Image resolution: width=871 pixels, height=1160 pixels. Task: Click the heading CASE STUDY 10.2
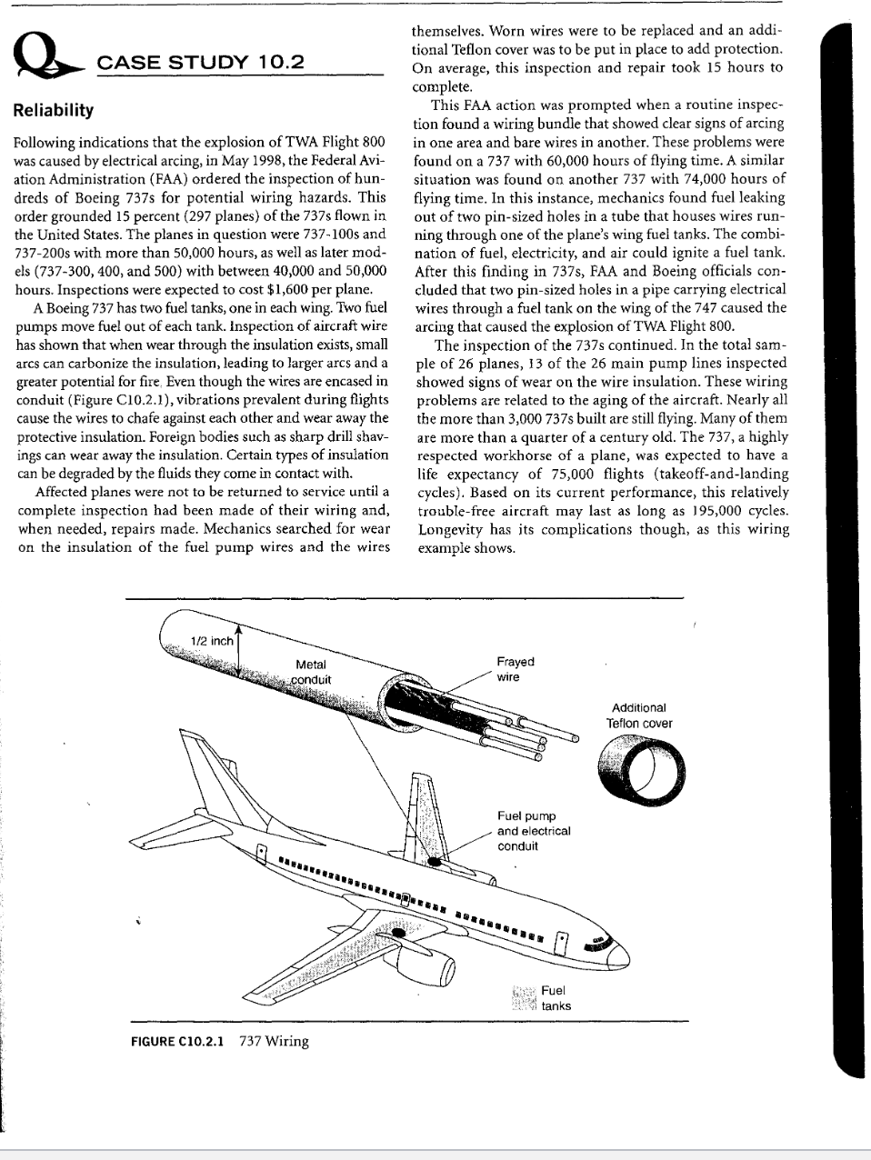[200, 62]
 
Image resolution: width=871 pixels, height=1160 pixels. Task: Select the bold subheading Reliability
[54, 110]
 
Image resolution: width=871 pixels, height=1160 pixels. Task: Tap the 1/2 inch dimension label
[210, 641]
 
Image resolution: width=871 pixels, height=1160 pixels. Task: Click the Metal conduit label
[311, 672]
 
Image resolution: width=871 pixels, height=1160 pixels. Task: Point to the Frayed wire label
[516, 669]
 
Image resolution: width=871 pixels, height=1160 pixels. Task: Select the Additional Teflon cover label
[639, 715]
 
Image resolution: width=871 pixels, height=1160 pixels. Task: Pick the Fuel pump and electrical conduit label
[533, 831]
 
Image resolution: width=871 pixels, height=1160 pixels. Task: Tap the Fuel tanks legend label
[556, 997]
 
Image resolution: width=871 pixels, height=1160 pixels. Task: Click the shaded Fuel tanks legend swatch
[524, 997]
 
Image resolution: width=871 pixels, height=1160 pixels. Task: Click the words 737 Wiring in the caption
[274, 1042]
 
